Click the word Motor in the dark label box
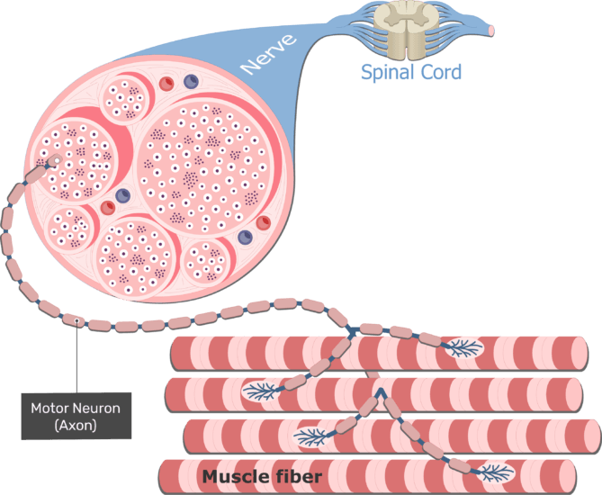pyautogui.click(x=50, y=408)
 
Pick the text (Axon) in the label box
pyautogui.click(x=75, y=425)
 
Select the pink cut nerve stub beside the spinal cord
pyautogui.click(x=490, y=29)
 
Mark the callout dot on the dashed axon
pyautogui.click(x=77, y=319)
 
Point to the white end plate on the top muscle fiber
pyautogui.click(x=463, y=347)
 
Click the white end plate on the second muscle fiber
pyautogui.click(x=260, y=391)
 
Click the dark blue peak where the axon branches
pyautogui.click(x=382, y=391)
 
